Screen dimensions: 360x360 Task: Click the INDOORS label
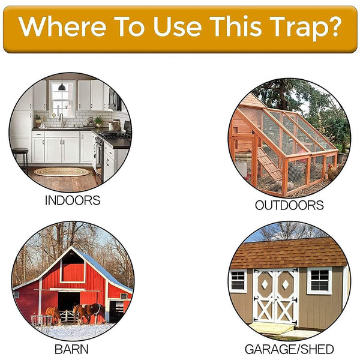pos(72,200)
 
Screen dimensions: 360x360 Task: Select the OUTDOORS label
pos(289,205)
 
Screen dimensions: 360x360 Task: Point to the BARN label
pos(71,349)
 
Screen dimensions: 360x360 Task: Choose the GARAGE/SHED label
pos(289,349)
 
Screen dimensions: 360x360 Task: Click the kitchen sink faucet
pos(61,119)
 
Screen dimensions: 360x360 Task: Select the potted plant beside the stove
pos(98,121)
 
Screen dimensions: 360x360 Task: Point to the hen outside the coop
pos(332,173)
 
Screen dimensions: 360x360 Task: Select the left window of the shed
pos(238,280)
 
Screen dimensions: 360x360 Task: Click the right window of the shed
pos(320,280)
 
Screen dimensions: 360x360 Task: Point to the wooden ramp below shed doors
pos(273,328)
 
